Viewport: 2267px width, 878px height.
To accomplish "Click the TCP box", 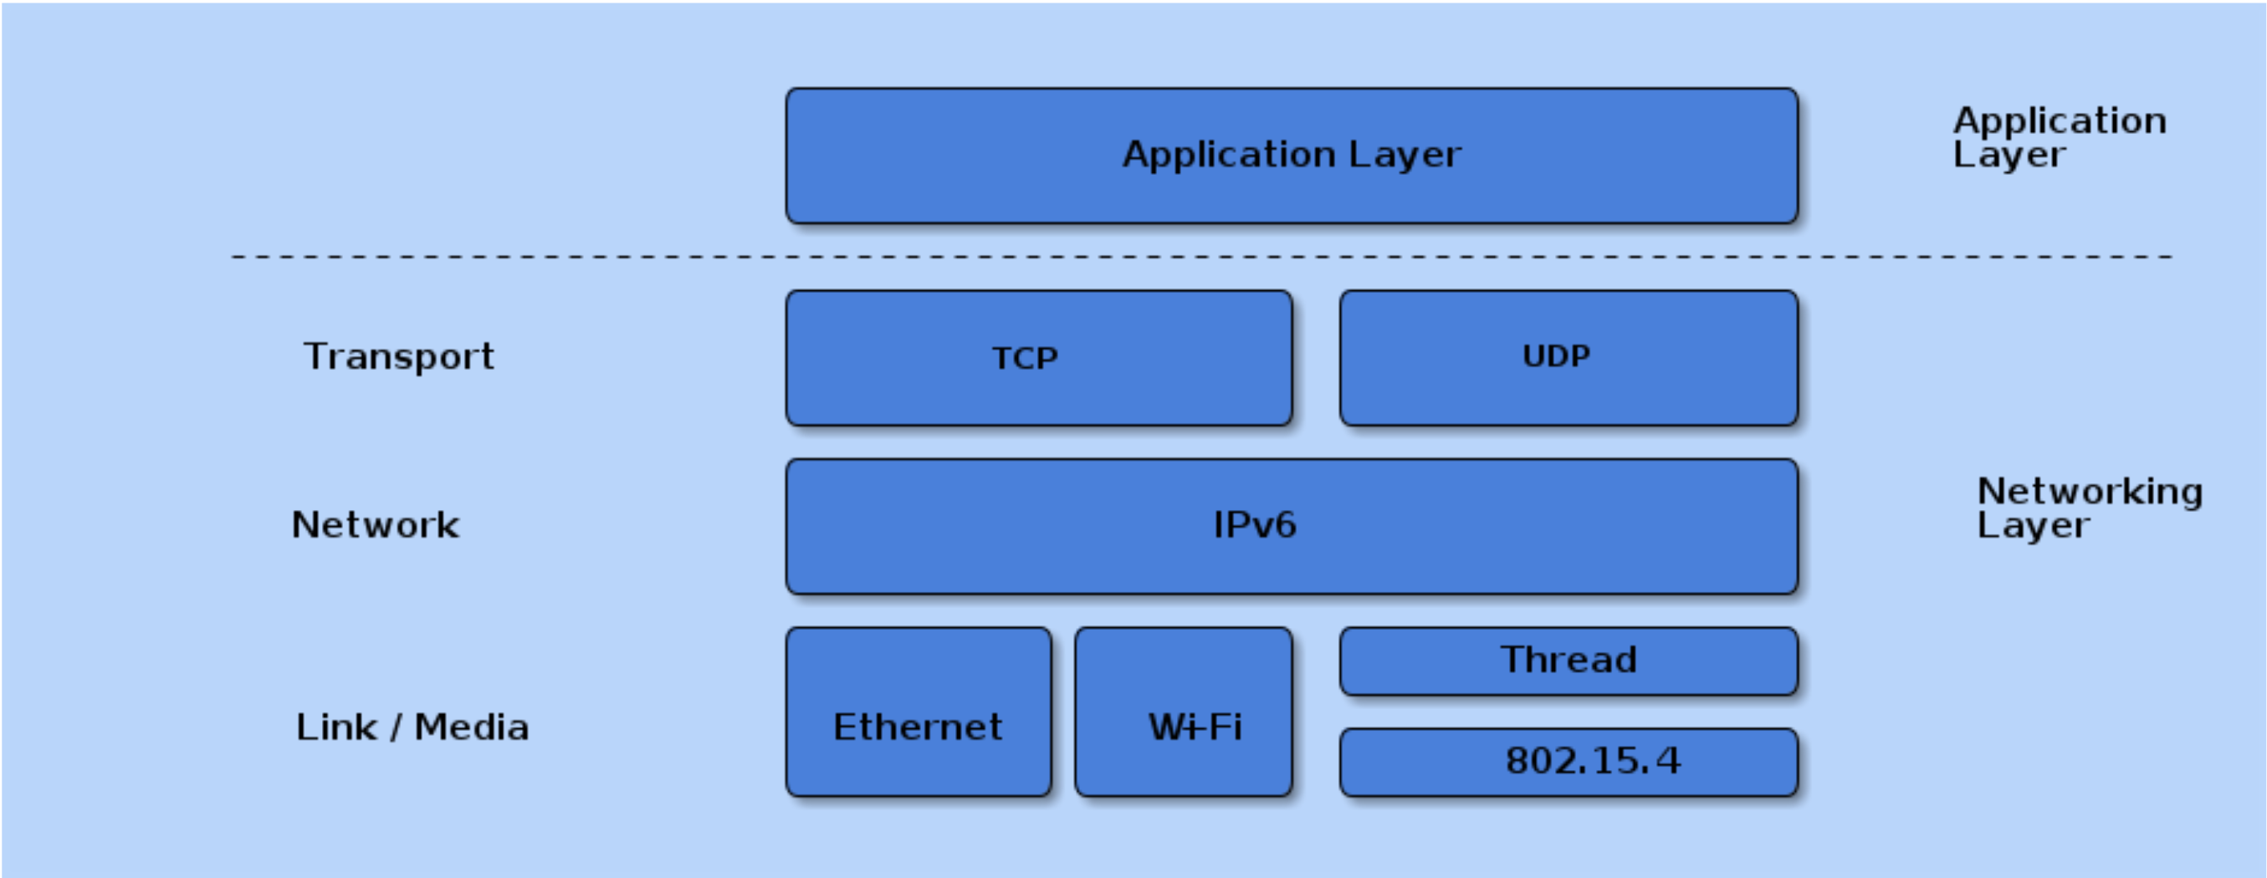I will pyautogui.click(x=1038, y=358).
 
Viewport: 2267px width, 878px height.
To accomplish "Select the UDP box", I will pyautogui.click(x=1568, y=358).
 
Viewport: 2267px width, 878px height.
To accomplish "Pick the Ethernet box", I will pyautogui.click(x=918, y=712).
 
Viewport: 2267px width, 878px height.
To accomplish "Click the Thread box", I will pyautogui.click(x=1568, y=661).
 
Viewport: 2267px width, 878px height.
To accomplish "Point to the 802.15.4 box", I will pyautogui.click(x=1568, y=762).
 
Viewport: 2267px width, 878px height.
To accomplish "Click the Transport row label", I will pyautogui.click(x=399, y=357).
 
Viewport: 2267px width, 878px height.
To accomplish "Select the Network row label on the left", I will pyautogui.click(x=375, y=525).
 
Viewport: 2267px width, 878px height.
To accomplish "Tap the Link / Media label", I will pyautogui.click(x=412, y=727).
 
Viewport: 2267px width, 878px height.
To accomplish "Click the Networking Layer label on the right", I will pyautogui.click(x=2089, y=508).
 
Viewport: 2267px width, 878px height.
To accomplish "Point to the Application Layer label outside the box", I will pyautogui.click(x=2060, y=137).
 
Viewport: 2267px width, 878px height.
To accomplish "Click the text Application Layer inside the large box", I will pyautogui.click(x=1291, y=155).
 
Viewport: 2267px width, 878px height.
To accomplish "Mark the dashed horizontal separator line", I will pyautogui.click(x=1201, y=257).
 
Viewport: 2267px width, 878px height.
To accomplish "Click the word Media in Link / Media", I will pyautogui.click(x=472, y=727).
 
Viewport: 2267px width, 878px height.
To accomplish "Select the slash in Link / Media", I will pyautogui.click(x=396, y=727).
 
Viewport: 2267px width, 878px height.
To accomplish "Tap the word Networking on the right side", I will pyautogui.click(x=2089, y=491).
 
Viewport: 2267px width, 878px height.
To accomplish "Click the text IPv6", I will pyautogui.click(x=1254, y=525).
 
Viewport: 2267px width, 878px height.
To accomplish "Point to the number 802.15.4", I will pyautogui.click(x=1592, y=761).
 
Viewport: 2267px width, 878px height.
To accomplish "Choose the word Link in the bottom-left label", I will pyautogui.click(x=336, y=727).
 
